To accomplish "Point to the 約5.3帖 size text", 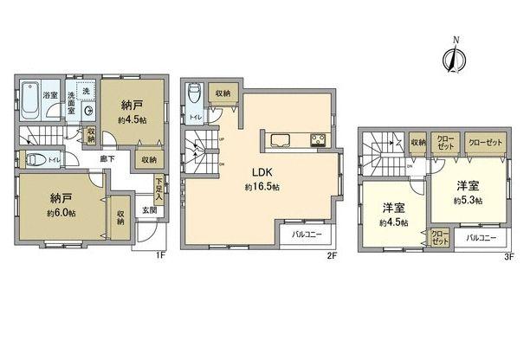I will point(468,201).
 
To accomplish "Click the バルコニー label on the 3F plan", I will point(482,236).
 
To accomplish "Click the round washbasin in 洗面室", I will point(89,111).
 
